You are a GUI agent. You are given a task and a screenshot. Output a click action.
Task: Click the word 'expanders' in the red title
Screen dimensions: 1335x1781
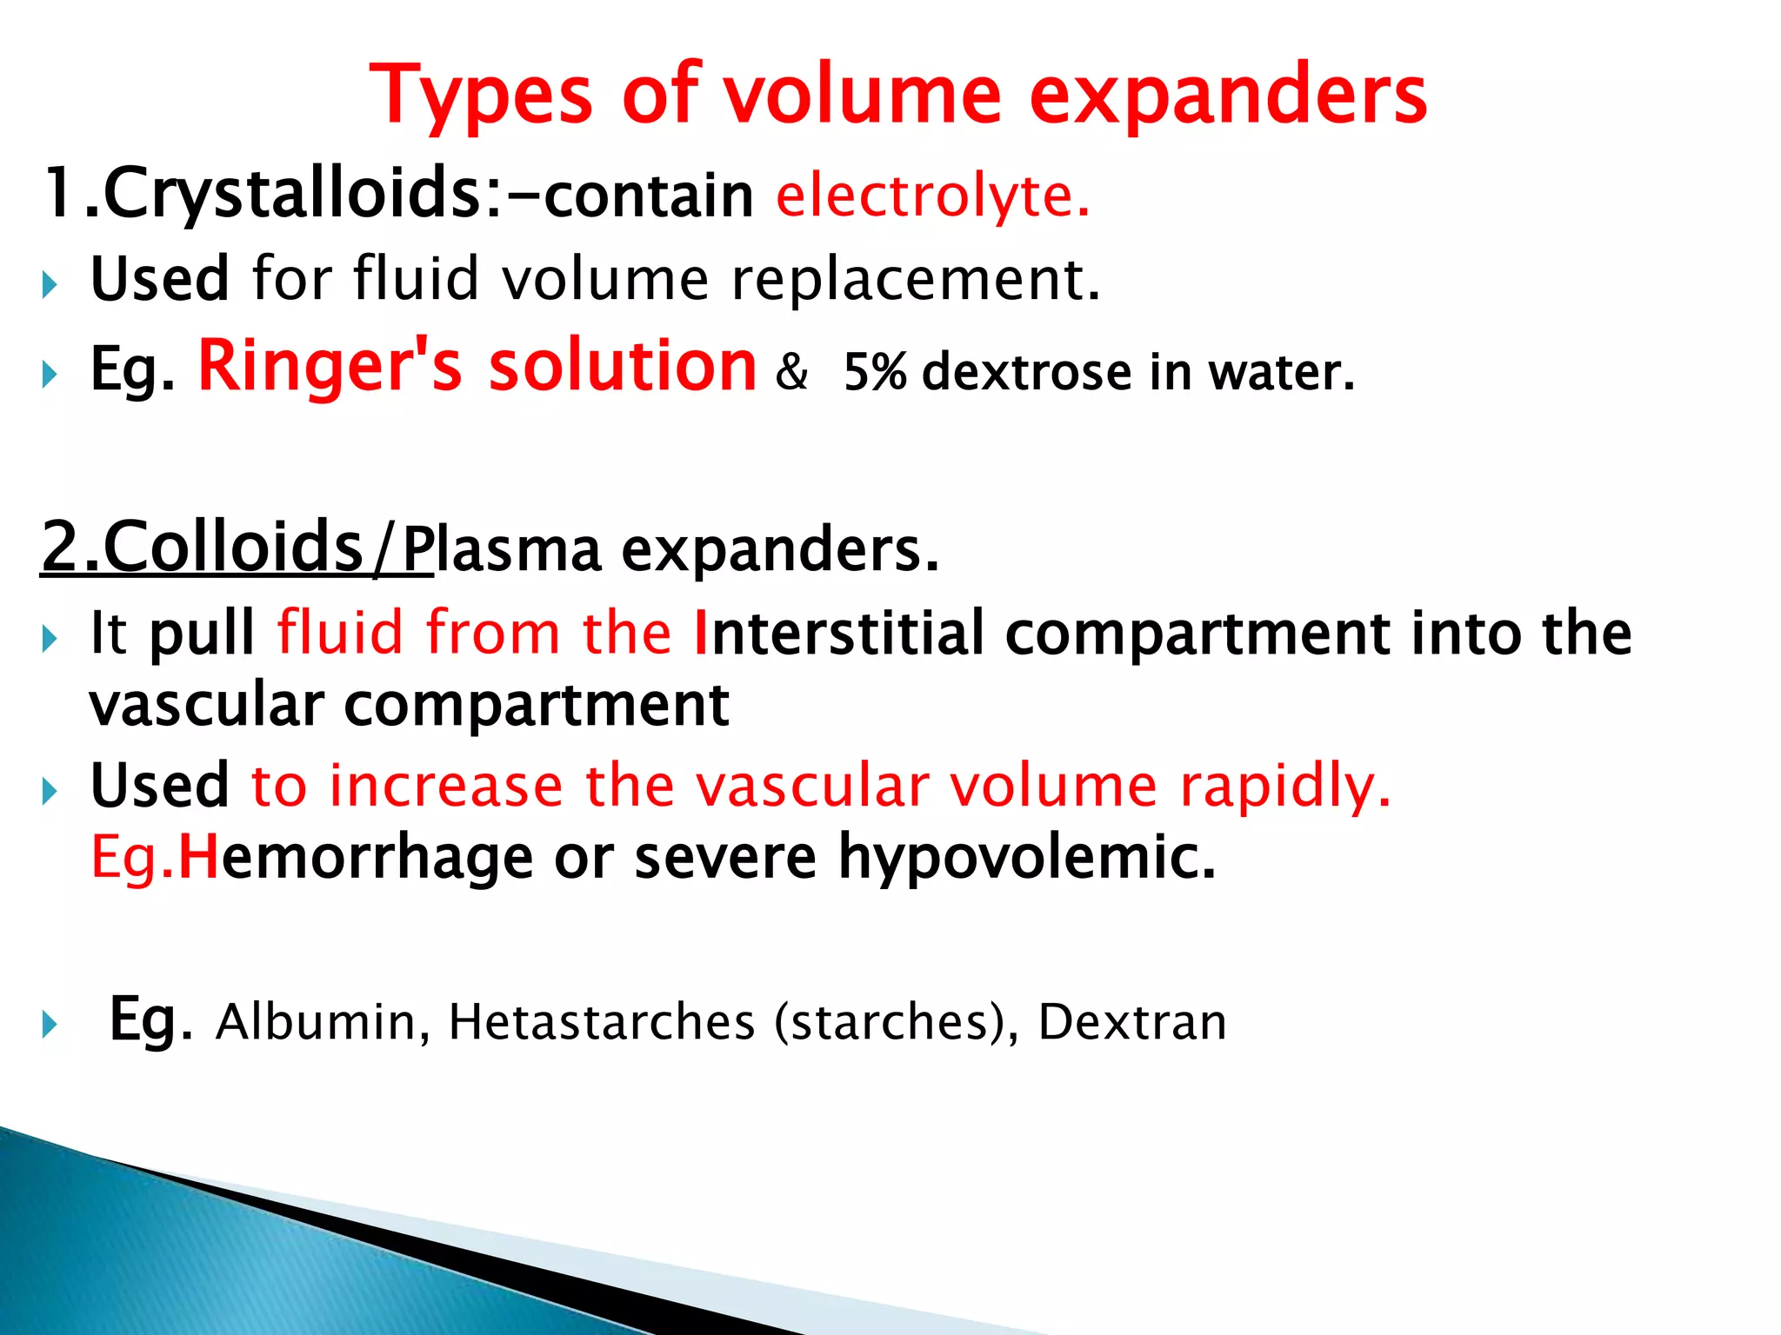click(x=1228, y=96)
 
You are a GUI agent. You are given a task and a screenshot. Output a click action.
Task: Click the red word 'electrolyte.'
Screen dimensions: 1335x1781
click(x=932, y=195)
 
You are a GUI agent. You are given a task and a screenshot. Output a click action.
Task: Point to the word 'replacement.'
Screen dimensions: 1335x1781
click(x=916, y=280)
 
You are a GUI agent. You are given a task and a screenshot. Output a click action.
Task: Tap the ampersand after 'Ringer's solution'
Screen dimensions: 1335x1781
click(x=791, y=372)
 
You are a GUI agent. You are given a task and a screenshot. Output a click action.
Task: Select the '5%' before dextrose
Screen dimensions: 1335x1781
click(x=875, y=372)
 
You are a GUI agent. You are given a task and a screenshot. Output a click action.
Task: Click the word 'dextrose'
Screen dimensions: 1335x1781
click(x=1027, y=372)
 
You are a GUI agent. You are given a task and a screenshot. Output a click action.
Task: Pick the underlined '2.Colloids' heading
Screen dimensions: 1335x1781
click(x=202, y=548)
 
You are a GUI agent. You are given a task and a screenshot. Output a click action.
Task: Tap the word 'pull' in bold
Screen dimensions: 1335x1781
click(x=202, y=633)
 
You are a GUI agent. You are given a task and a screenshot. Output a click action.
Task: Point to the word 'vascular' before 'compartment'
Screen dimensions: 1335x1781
click(x=206, y=704)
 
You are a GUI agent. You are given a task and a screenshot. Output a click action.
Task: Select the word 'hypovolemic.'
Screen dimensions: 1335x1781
click(x=1026, y=857)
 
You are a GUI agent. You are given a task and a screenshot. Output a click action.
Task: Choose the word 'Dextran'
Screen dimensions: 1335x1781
click(x=1132, y=1021)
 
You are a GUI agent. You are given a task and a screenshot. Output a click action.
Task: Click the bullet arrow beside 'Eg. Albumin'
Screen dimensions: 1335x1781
click(x=50, y=1024)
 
